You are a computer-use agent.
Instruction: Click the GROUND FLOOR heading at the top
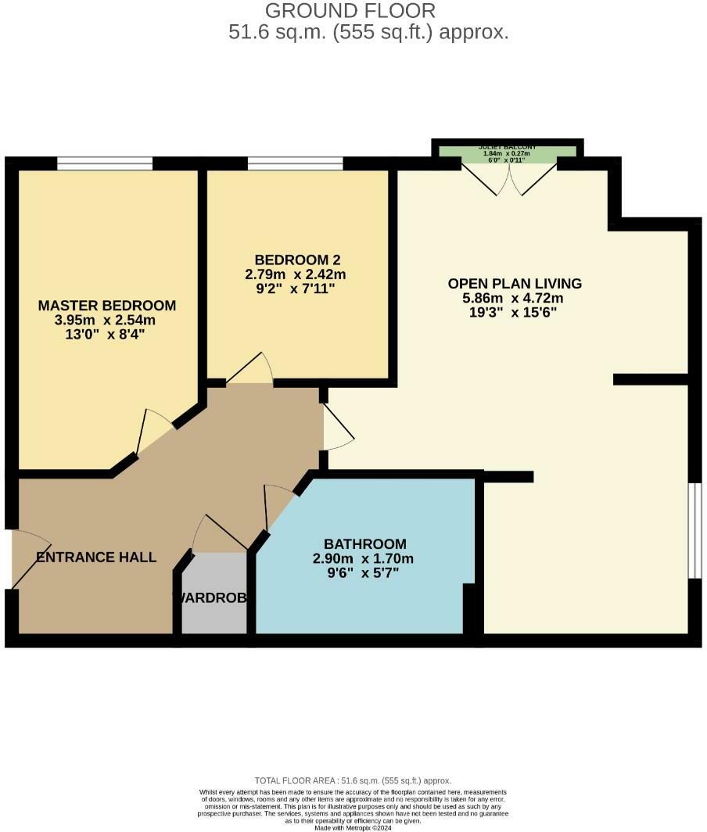[350, 11]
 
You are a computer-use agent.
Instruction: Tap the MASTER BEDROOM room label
[107, 305]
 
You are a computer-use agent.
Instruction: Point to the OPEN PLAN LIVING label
[515, 283]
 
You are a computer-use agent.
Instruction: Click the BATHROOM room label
[365, 544]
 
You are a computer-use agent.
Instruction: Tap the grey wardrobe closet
[214, 594]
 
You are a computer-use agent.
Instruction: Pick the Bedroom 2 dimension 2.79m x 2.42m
[296, 274]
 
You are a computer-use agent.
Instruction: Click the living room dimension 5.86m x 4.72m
[514, 298]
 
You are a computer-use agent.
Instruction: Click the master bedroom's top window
[105, 163]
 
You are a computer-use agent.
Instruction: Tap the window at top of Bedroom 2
[295, 163]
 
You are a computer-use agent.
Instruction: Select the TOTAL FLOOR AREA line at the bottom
[353, 780]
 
